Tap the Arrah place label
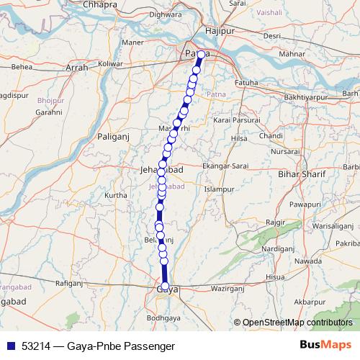click(77, 68)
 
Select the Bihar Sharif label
click(302, 174)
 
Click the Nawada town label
click(309, 260)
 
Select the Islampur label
click(220, 189)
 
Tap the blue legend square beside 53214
click(10, 346)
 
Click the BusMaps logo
click(325, 345)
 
